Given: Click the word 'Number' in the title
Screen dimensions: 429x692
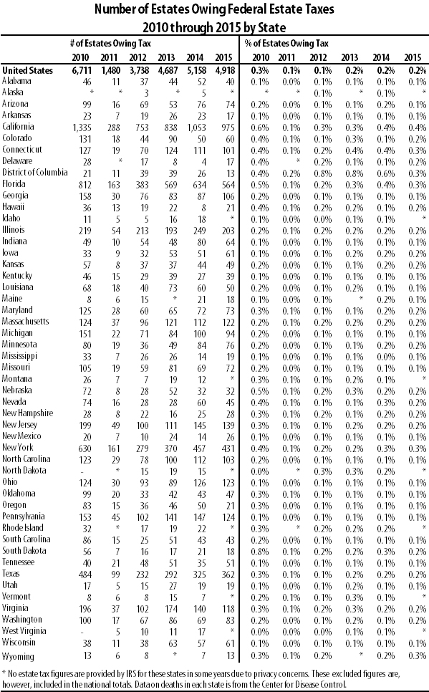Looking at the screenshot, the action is click(117, 9).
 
